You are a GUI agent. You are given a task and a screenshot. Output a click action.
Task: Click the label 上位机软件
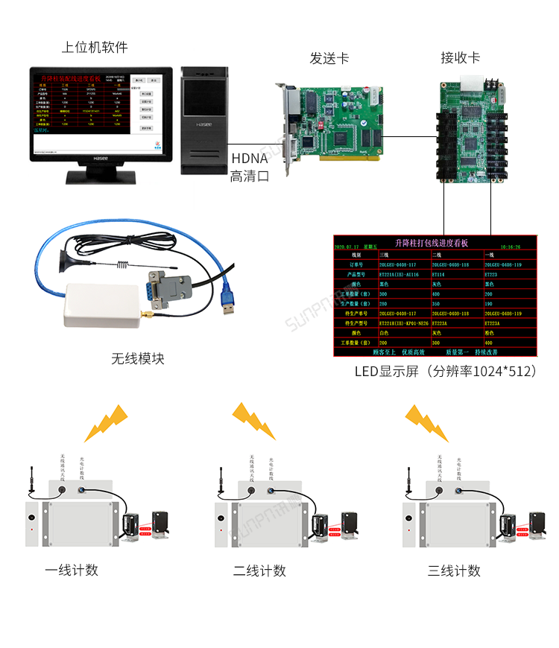[95, 47]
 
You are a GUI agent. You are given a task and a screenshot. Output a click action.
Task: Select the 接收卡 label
[460, 58]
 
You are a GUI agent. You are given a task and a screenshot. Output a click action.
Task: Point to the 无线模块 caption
[138, 359]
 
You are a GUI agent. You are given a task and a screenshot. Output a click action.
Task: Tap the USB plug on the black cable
[228, 305]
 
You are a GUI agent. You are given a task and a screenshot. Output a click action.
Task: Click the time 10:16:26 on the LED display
[511, 246]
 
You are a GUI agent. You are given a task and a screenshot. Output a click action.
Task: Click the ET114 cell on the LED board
[439, 274]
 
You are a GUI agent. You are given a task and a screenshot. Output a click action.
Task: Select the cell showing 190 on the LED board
[489, 304]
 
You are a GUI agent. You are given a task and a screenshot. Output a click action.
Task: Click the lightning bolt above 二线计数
[253, 420]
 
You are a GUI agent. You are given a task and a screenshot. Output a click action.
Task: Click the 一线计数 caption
[72, 571]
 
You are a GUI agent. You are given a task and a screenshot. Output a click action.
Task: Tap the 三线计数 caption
[454, 571]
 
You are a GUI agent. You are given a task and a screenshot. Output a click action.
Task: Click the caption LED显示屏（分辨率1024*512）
[445, 371]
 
